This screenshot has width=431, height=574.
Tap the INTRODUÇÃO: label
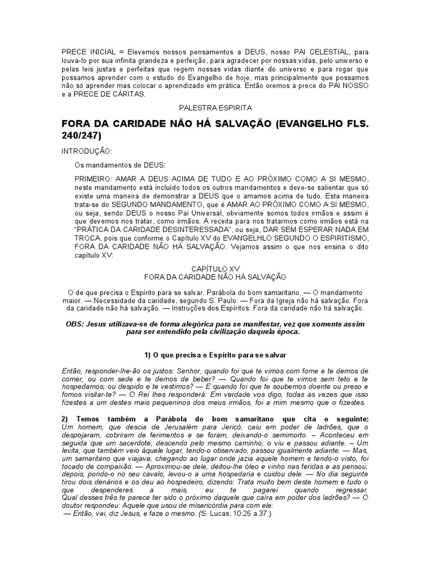point(86,151)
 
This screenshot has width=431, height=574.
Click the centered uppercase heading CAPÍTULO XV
point(215,269)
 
